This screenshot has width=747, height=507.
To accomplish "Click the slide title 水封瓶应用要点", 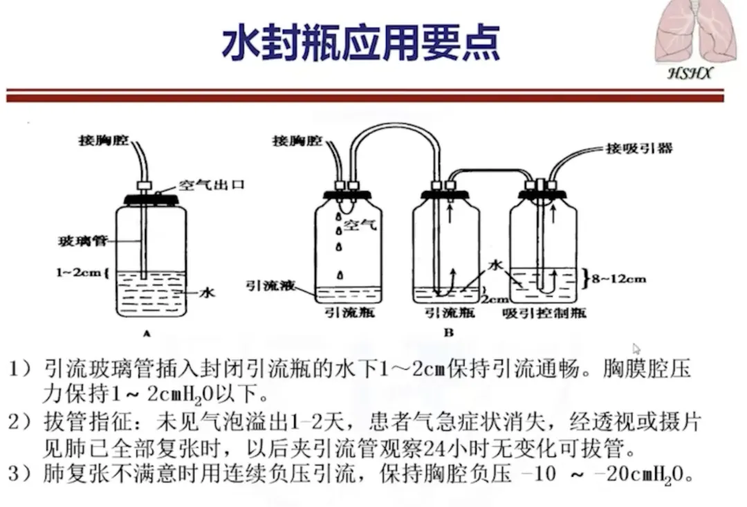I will (x=361, y=44).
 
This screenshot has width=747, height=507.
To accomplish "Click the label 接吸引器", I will (x=638, y=148).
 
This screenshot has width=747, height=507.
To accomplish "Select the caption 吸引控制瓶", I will (x=545, y=313).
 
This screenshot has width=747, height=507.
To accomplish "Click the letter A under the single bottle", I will (x=147, y=333).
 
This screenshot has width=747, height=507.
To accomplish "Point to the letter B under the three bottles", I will (x=449, y=333).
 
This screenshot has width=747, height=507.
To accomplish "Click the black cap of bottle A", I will (x=151, y=200).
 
